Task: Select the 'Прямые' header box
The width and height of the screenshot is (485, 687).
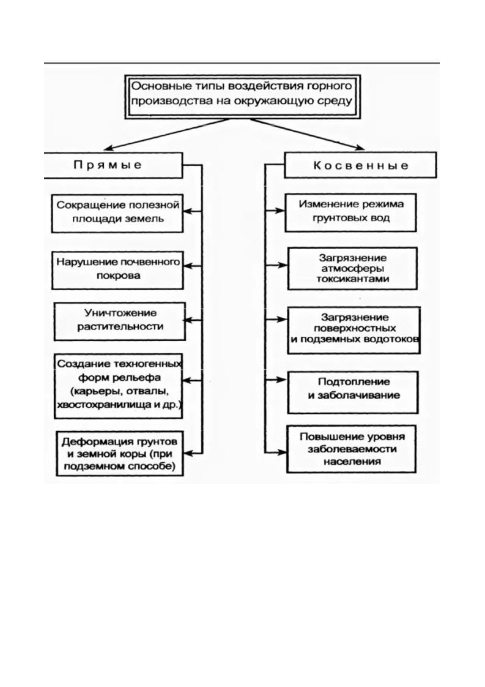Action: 113,165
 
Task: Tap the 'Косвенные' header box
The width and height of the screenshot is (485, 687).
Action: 361,165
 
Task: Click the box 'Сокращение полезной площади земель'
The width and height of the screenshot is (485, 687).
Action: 117,212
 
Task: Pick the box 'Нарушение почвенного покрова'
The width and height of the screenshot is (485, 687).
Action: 117,269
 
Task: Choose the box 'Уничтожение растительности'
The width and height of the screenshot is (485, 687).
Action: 119,320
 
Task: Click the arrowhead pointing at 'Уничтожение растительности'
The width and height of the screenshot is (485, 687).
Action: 190,320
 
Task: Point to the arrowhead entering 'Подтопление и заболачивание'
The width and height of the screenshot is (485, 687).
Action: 281,379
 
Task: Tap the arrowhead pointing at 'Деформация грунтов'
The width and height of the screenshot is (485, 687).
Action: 190,453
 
